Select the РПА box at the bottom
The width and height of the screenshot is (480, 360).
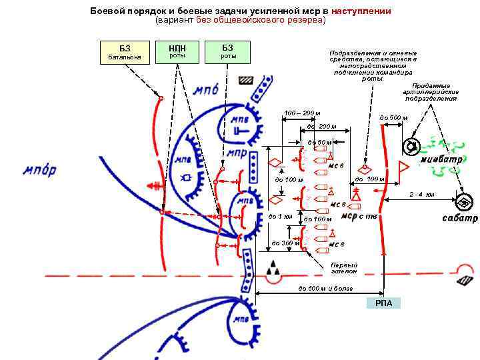pyautogui.click(x=383, y=303)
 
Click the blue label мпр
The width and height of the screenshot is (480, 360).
pyautogui.click(x=237, y=153)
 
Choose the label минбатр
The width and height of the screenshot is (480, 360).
pyautogui.click(x=441, y=161)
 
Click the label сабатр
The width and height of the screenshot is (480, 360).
pyautogui.click(x=460, y=219)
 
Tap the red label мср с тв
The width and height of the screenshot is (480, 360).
pyautogui.click(x=359, y=215)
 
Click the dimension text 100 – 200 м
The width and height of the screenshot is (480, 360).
pyautogui.click(x=303, y=113)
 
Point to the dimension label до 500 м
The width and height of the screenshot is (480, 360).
pyautogui.click(x=393, y=118)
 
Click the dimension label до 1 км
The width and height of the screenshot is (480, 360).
pyautogui.click(x=280, y=217)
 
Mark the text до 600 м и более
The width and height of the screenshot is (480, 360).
pyautogui.click(x=326, y=288)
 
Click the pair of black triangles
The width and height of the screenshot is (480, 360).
pyautogui.click(x=273, y=270)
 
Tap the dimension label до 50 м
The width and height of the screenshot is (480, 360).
pyautogui.click(x=319, y=142)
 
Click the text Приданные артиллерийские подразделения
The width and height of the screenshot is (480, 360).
pyautogui.click(x=430, y=92)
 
